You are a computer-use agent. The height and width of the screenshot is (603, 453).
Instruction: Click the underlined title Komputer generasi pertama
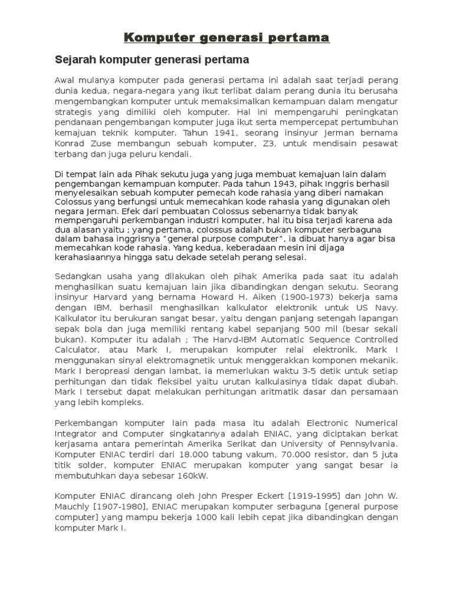226,38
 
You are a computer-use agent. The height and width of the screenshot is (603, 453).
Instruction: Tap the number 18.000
179,455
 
